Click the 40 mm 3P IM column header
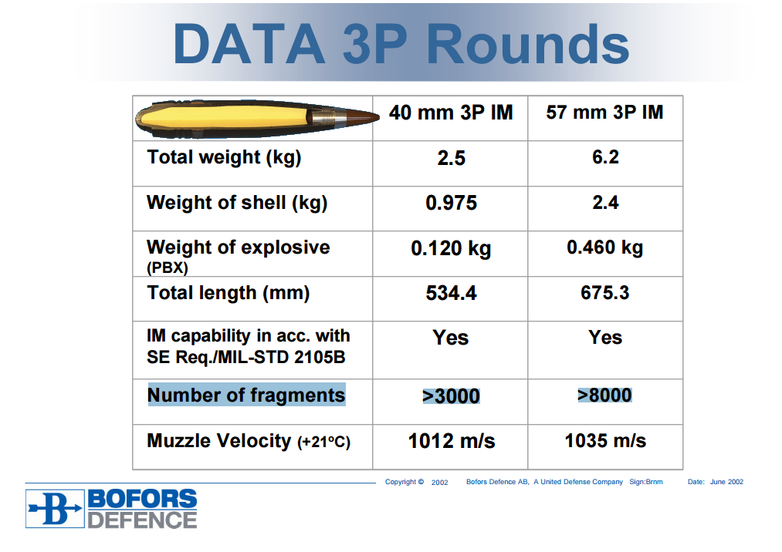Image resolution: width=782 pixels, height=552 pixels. [x=451, y=113]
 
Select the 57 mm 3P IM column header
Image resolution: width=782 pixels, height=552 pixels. [x=604, y=112]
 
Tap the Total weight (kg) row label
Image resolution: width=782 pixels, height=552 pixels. [x=224, y=158]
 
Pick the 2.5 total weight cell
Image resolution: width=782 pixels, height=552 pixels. [x=452, y=158]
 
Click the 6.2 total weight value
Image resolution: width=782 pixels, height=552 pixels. [x=605, y=157]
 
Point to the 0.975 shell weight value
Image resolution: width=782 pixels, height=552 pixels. [x=452, y=204]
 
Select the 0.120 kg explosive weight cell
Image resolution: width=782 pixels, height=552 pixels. [x=451, y=248]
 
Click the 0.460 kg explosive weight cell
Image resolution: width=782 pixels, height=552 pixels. [x=605, y=247]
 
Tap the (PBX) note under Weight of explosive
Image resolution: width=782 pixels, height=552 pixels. [x=167, y=268]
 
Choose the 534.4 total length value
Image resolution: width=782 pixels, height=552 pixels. [x=452, y=293]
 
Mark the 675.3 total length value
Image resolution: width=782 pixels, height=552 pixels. [x=605, y=292]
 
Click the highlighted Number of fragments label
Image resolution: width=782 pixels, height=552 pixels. [x=246, y=395]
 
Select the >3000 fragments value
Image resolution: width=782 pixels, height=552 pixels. [x=451, y=396]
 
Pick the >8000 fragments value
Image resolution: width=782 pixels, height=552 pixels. [x=604, y=395]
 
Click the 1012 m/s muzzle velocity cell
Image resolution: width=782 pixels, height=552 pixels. [x=452, y=442]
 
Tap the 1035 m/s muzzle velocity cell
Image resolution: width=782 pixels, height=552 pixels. [x=605, y=441]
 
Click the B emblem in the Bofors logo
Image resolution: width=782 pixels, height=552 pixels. [x=55, y=509]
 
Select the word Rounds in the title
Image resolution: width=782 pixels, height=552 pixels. [x=528, y=45]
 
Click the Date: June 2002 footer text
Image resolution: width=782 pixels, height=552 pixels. [x=715, y=482]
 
